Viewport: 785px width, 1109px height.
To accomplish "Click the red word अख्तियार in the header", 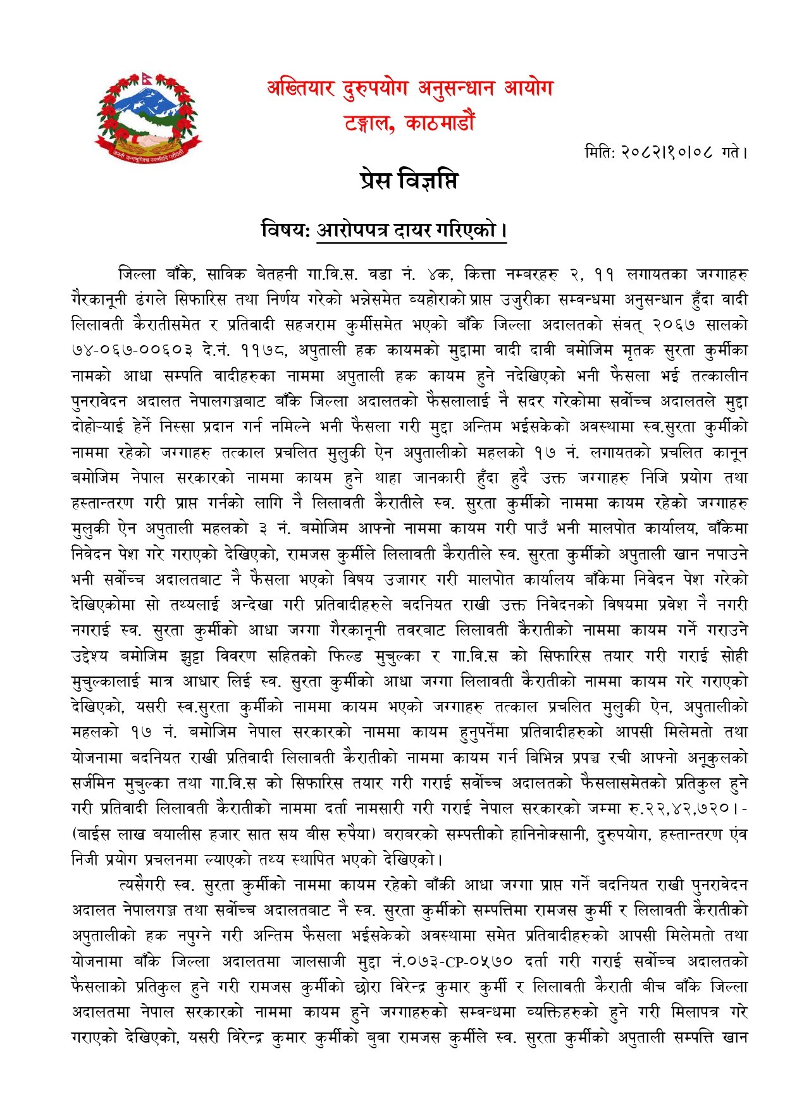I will (x=300, y=87).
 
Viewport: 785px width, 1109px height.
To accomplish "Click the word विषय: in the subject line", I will (x=285, y=229).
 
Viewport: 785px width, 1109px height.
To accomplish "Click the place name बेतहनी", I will (x=276, y=274).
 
